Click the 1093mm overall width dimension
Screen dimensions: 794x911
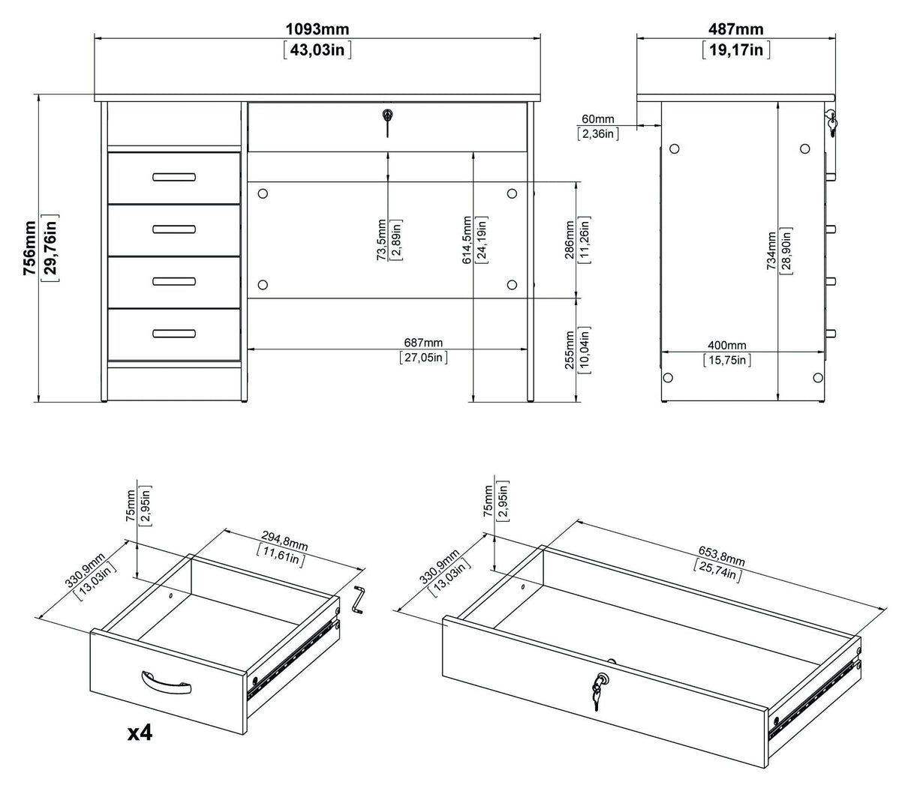317,30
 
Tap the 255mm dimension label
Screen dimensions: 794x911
570,349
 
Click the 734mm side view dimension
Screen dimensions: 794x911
771,253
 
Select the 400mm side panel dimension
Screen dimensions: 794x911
727,346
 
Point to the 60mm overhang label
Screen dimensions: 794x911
597,119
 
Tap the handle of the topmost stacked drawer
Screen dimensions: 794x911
173,178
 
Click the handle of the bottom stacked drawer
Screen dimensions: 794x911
173,334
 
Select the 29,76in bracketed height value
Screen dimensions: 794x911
51,249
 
